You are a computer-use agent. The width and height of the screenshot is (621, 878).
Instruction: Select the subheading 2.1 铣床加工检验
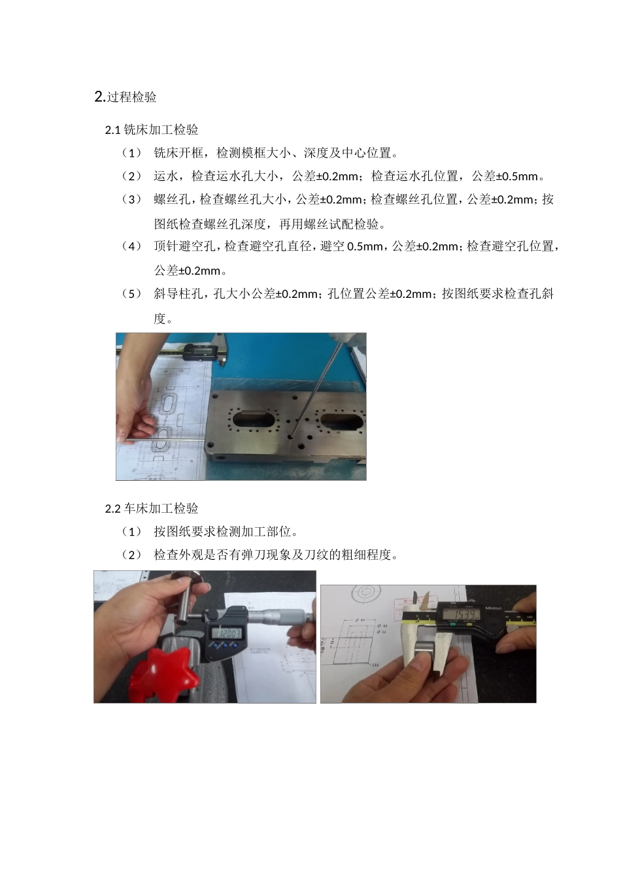(152, 130)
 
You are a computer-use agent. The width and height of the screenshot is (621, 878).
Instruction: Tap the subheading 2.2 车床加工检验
(152, 509)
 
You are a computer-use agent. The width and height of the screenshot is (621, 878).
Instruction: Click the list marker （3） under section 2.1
(131, 200)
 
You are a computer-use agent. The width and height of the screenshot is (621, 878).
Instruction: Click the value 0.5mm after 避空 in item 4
(365, 247)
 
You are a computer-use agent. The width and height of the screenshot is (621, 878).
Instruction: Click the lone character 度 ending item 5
(160, 319)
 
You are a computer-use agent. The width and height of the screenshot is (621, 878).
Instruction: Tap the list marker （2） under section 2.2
(131, 555)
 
